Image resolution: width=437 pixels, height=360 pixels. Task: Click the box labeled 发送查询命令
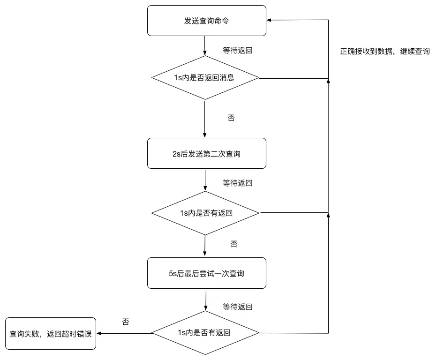point(206,21)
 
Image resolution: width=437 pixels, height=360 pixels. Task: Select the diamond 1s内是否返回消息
point(205,78)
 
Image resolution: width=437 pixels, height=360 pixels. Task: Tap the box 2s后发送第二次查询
point(206,153)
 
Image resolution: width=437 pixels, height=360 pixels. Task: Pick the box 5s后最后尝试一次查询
point(206,273)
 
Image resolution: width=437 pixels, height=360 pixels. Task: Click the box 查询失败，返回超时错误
point(50,334)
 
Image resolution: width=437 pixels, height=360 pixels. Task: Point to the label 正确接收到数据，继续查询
point(384,51)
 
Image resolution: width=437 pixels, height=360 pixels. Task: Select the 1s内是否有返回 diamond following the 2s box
point(205,213)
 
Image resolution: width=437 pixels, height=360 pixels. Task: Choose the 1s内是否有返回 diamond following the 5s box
point(205,333)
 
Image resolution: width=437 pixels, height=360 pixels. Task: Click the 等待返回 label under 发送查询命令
point(237,50)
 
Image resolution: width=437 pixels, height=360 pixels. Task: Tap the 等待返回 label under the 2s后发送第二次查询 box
point(237,183)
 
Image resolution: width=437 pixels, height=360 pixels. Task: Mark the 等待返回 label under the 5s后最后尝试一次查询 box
point(237,307)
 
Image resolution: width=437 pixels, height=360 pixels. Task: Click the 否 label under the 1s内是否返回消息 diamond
point(231,118)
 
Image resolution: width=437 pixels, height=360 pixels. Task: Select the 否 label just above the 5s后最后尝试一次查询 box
point(234,244)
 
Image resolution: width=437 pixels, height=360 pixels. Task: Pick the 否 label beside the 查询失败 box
point(126,322)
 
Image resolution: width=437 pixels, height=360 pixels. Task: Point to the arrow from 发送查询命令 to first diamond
point(205,46)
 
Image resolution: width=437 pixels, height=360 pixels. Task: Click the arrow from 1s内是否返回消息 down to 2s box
point(205,119)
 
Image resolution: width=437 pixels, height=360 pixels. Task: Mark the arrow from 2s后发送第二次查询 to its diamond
point(205,180)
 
